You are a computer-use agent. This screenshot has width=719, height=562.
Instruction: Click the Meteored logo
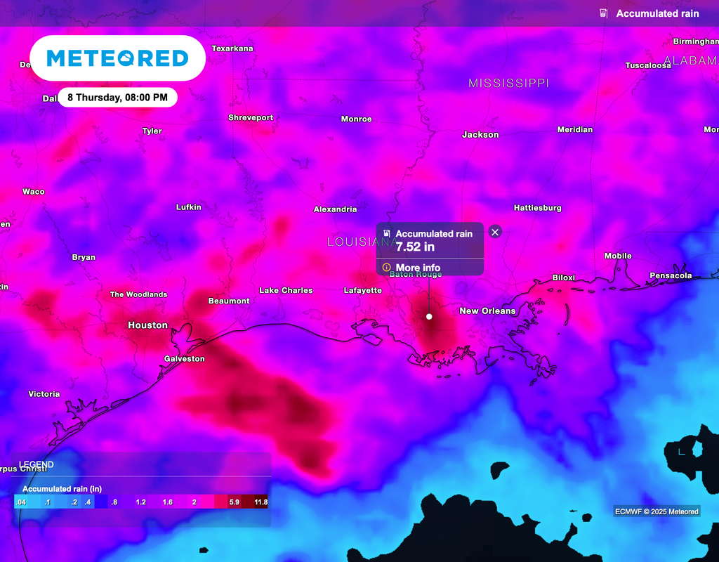117,58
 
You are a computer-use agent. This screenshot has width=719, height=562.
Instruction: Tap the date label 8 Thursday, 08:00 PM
117,98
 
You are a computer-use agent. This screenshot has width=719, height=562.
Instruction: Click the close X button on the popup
495,232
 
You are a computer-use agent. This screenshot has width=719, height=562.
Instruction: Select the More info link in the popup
418,268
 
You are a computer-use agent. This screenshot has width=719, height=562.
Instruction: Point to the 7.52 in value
415,247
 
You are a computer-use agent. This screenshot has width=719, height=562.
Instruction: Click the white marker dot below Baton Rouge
429,317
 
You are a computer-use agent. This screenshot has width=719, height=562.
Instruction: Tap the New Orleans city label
487,311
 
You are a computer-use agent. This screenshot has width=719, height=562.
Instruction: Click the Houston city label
147,325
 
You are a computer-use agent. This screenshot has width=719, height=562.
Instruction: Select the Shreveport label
251,118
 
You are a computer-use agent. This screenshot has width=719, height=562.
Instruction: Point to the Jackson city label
480,135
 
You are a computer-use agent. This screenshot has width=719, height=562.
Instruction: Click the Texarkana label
232,48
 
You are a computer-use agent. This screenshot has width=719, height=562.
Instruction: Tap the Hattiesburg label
538,208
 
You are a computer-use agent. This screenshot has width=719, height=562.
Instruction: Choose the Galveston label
185,359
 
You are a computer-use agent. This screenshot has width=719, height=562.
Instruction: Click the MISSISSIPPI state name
508,83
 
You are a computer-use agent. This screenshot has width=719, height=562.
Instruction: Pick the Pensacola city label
671,275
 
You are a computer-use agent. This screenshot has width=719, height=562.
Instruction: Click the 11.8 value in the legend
260,502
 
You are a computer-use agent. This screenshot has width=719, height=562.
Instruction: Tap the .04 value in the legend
20,502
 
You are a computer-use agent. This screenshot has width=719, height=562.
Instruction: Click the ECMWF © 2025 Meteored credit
657,511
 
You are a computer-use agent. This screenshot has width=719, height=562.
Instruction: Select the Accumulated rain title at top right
657,14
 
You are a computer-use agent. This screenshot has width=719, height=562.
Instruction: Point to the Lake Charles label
286,290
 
